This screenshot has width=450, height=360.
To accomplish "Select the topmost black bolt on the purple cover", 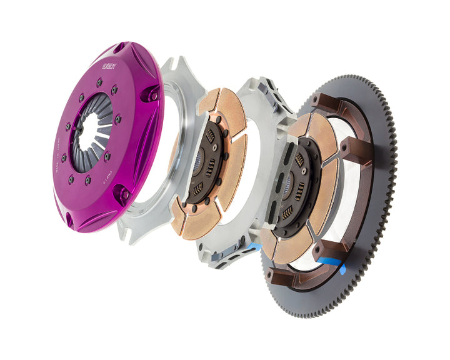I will pos(99,81).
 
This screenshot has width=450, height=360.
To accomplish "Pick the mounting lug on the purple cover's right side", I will pos(152,94).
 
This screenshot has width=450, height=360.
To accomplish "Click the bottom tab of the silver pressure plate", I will pos(129,232).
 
